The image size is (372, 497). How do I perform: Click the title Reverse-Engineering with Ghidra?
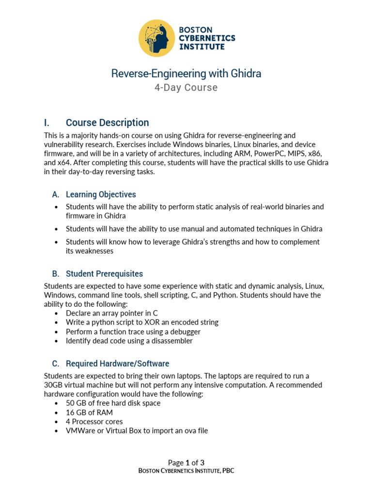pos(186,73)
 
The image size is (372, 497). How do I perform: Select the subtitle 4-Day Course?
pos(186,88)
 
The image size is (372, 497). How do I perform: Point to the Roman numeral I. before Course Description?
pos(47,123)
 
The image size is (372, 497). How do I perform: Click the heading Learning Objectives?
pos(101,195)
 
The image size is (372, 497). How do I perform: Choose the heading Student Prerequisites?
pos(104,274)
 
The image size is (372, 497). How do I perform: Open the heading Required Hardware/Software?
pos(117,364)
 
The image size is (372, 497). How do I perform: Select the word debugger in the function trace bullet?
pos(184,331)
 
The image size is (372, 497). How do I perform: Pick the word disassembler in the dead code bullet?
pos(172,341)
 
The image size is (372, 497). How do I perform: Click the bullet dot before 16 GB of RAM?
pos(57,413)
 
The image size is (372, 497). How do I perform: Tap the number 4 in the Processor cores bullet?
pos(68,421)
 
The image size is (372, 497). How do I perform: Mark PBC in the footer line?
pos(228,471)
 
